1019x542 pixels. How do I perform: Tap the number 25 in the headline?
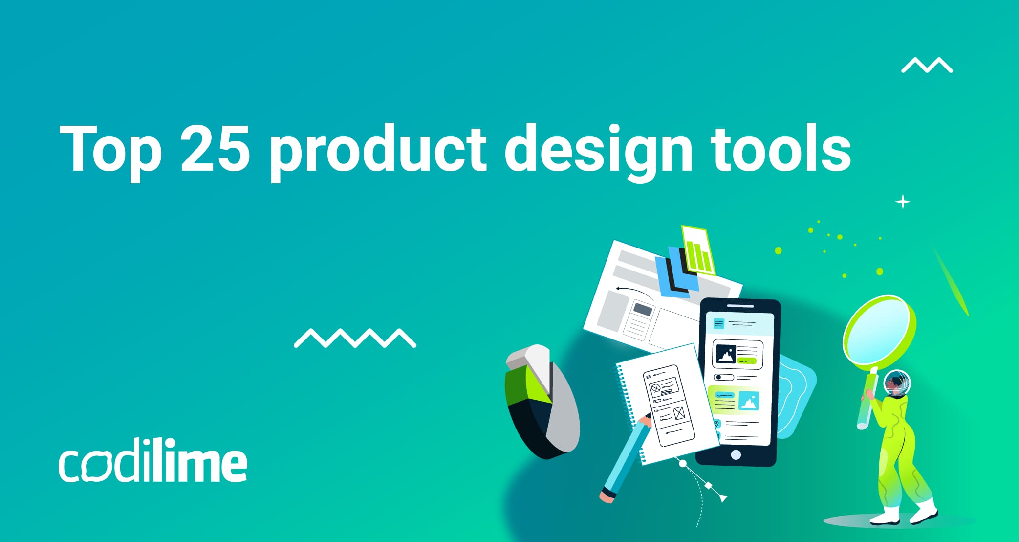[x=215, y=149]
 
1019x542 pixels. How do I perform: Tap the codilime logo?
[x=153, y=461]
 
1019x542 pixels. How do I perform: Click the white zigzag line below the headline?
[x=355, y=338]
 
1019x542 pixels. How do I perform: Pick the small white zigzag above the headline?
[x=927, y=65]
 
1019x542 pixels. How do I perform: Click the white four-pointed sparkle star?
[x=903, y=202]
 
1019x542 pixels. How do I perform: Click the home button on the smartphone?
[x=736, y=455]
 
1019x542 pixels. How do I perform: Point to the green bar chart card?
[x=698, y=250]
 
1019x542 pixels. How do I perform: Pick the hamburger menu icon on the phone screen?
[x=719, y=323]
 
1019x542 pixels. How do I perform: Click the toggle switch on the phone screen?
[x=724, y=377]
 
